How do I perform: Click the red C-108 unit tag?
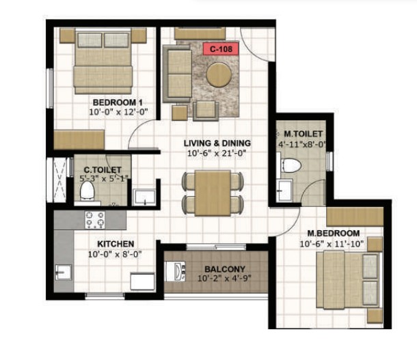tap(221, 49)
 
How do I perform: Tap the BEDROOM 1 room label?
tap(118, 102)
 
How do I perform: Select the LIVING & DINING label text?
tap(217, 143)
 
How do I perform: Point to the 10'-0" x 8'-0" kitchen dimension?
tap(115, 254)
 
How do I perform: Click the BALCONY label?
tap(225, 269)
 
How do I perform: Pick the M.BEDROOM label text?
tap(334, 233)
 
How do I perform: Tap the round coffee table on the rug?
tap(219, 74)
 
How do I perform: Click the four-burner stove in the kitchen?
tap(95, 220)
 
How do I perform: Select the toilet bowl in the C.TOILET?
tap(88, 191)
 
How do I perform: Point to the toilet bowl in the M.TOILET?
tap(291, 165)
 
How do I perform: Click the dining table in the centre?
tap(213, 193)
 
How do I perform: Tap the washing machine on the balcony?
tap(175, 271)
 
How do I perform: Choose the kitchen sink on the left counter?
tap(63, 272)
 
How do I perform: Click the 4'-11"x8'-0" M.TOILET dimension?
tap(302, 144)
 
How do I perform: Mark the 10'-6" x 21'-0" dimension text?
tap(217, 153)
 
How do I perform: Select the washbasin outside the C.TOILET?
tap(144, 197)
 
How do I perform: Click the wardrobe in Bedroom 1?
tap(79, 140)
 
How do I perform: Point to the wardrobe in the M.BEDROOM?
tap(355, 217)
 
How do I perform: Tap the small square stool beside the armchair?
tap(180, 113)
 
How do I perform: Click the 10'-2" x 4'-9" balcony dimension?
tap(224, 279)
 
